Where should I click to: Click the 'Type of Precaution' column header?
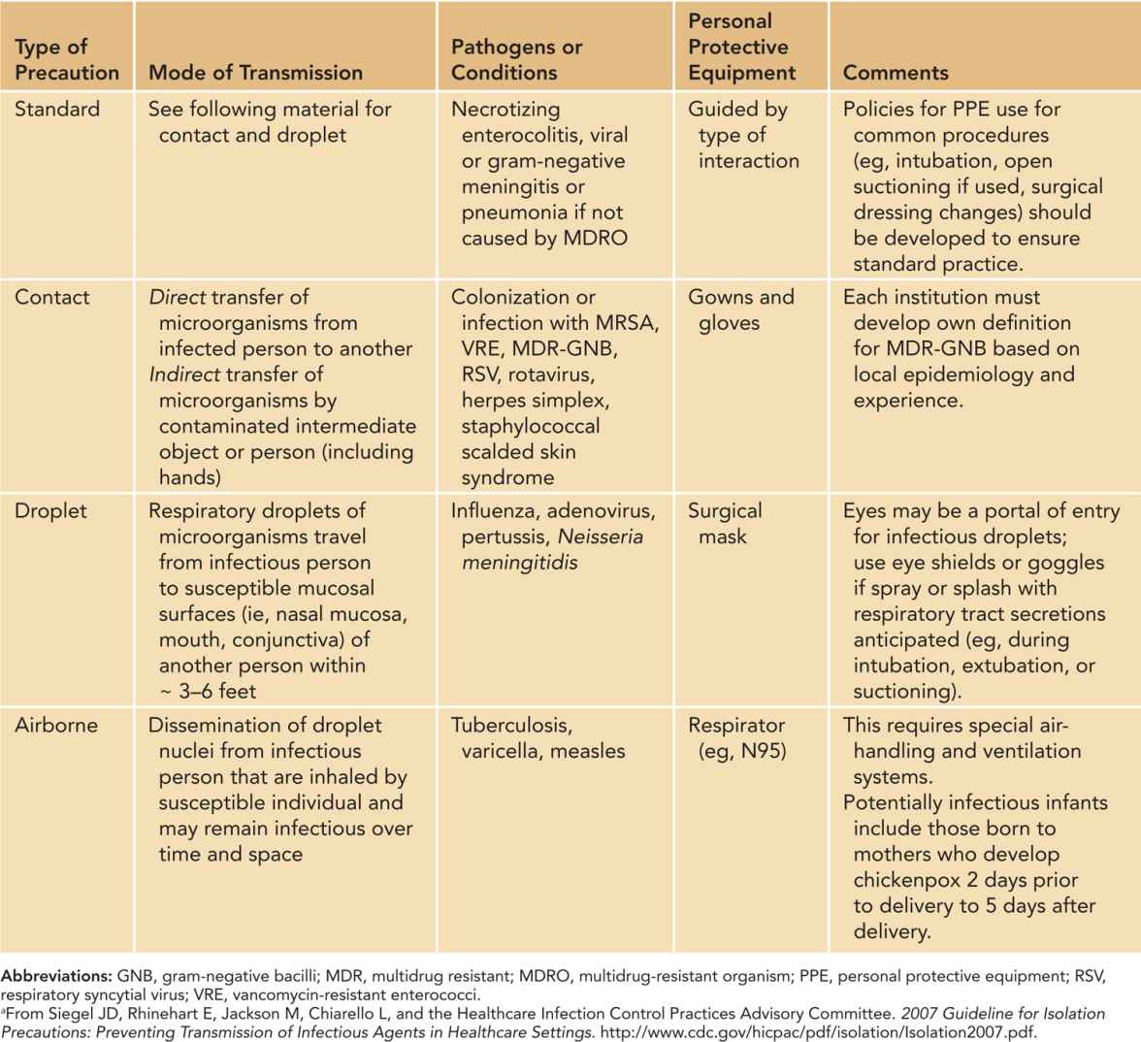tap(66, 59)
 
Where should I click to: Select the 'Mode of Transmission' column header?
tap(255, 72)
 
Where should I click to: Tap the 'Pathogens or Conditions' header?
tap(516, 59)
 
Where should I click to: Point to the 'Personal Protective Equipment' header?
tap(741, 47)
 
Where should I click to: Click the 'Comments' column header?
tap(896, 72)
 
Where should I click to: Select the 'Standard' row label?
tap(57, 109)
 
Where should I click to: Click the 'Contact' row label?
tap(52, 297)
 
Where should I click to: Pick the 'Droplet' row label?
tap(51, 510)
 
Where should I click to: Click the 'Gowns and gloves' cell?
tap(741, 309)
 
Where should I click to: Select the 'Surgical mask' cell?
tap(725, 523)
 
